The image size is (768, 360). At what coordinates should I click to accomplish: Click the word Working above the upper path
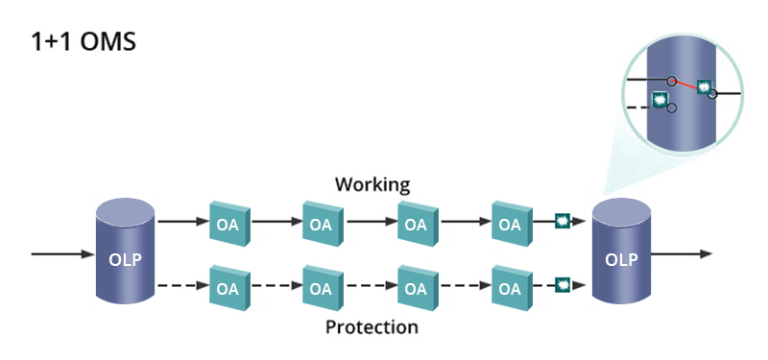(x=372, y=183)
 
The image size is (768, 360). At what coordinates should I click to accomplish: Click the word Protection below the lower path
(x=372, y=327)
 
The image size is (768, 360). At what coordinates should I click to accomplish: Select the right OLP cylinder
(x=622, y=253)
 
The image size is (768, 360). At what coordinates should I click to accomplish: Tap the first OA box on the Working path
(x=228, y=224)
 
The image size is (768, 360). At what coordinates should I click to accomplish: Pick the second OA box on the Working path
(x=323, y=224)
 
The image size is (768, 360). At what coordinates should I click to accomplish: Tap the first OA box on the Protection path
(x=228, y=286)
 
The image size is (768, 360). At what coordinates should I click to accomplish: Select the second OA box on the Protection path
(x=323, y=286)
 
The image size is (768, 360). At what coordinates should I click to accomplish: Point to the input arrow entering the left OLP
(x=62, y=254)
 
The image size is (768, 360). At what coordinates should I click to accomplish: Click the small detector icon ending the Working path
(x=564, y=223)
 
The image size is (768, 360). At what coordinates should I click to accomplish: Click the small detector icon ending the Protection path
(x=564, y=285)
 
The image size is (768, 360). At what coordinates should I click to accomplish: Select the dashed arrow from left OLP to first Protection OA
(x=181, y=285)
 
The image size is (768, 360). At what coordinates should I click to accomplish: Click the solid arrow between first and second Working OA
(x=276, y=223)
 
